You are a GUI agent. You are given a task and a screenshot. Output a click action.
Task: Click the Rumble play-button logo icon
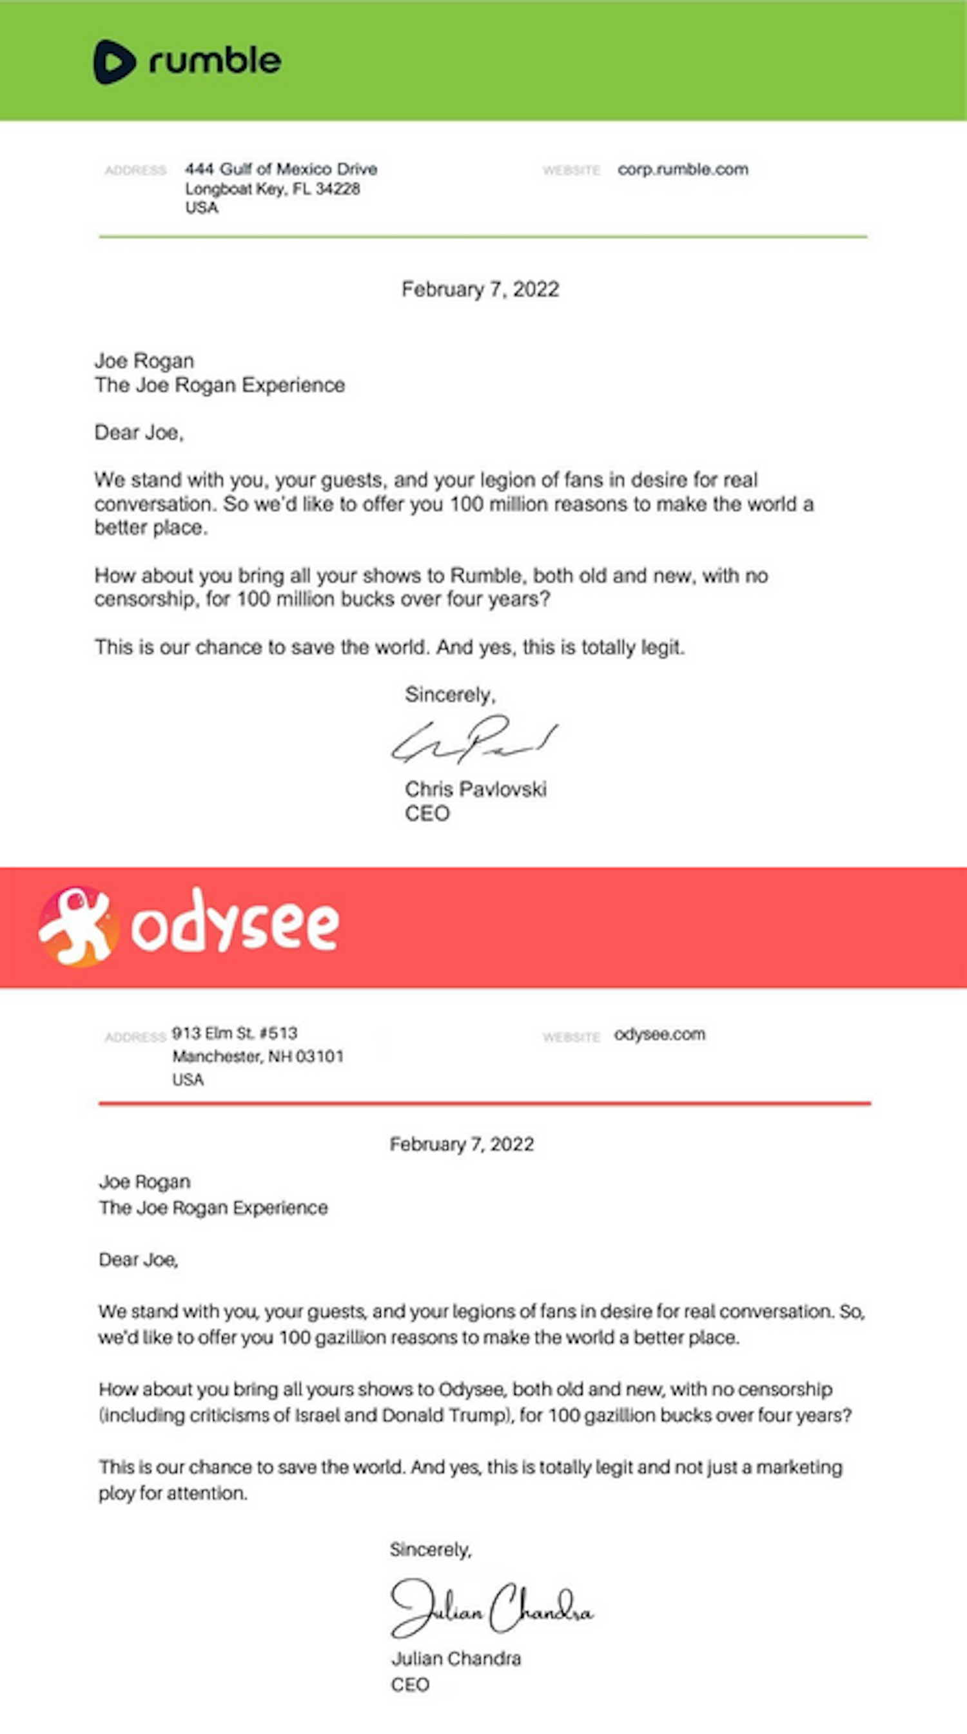pos(114,62)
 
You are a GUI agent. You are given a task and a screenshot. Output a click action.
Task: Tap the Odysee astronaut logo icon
pos(78,926)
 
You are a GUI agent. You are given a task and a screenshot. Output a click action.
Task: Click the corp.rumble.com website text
pos(683,169)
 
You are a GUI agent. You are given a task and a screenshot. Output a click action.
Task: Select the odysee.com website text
pos(659,1034)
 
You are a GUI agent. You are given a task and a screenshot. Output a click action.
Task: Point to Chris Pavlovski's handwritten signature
pos(474,741)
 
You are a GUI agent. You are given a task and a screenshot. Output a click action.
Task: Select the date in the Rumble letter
pos(480,289)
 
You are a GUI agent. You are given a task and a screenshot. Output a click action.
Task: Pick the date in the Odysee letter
pos(462,1144)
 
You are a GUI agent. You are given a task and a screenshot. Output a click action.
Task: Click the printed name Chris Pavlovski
pos(475,789)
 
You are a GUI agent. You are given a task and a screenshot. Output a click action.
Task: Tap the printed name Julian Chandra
pos(456,1659)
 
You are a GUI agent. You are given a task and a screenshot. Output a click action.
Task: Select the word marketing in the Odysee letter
pos(799,1467)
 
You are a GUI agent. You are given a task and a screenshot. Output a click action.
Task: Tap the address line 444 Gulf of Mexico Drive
pos(281,169)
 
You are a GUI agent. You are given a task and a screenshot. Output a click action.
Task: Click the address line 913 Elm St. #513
pos(235,1034)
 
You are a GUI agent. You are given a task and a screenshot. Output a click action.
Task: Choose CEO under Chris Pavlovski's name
pos(427,814)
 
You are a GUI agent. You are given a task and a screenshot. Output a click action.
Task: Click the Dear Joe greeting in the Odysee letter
pos(138,1260)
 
